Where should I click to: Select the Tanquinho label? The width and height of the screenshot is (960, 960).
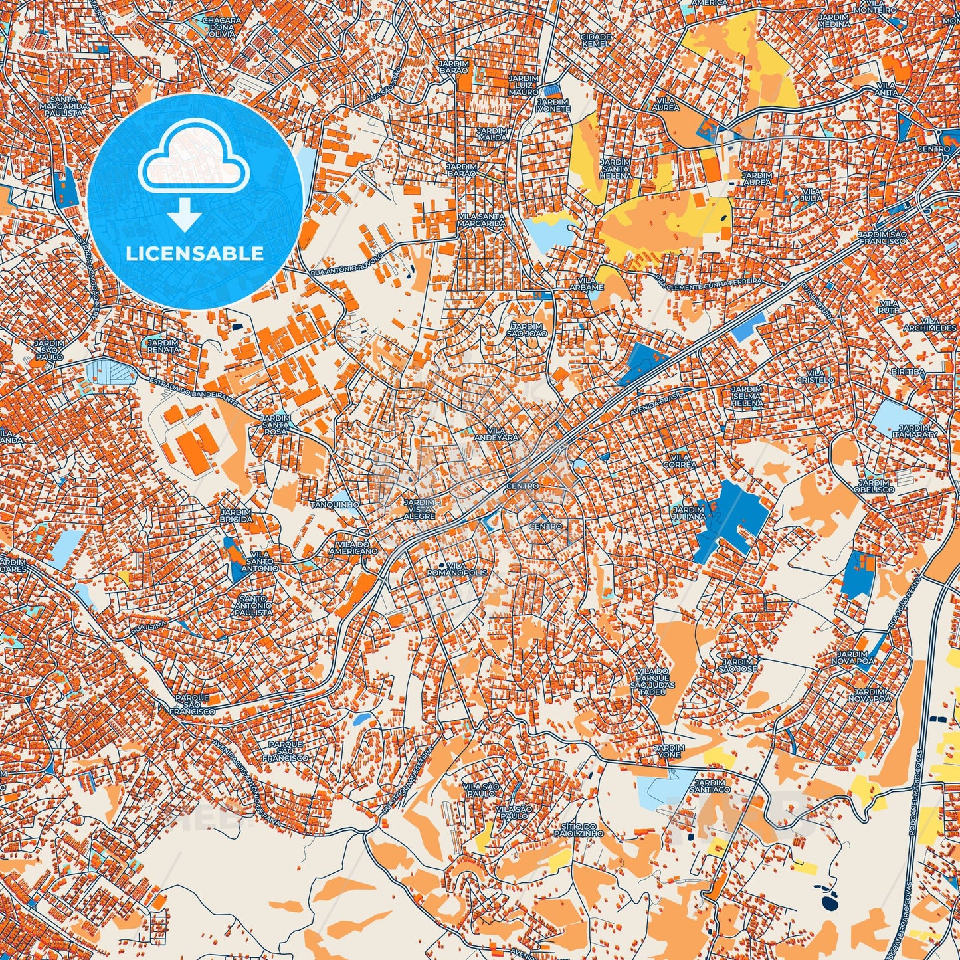[339, 504]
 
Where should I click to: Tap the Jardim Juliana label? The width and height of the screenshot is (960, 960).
[689, 513]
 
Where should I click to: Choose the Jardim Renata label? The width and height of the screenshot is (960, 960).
[163, 346]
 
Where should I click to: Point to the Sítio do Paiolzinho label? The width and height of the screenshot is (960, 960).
[578, 829]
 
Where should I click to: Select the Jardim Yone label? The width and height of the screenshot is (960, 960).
[668, 752]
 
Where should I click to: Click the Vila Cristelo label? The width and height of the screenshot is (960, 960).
[815, 376]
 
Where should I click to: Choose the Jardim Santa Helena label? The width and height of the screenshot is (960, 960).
[615, 168]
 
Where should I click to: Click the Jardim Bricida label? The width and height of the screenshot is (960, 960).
[237, 515]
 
